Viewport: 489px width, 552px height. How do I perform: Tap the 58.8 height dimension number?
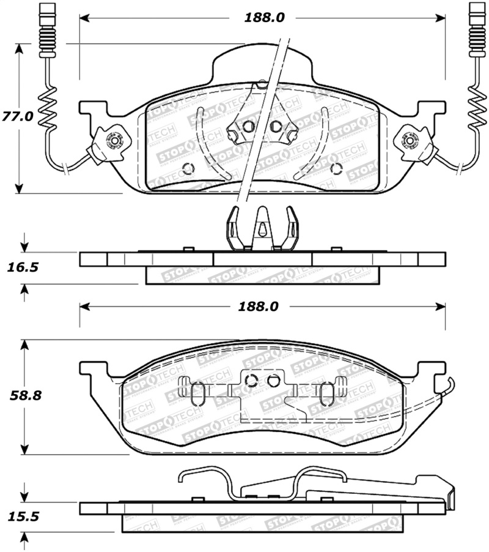[24, 395]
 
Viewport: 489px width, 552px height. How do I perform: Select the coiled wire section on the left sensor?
[48, 110]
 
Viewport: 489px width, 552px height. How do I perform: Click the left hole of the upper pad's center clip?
[248, 127]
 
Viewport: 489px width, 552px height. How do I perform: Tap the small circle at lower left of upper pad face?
[188, 168]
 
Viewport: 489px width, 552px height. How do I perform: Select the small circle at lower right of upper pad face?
[334, 168]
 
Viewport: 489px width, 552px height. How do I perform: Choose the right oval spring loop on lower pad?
[328, 393]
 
